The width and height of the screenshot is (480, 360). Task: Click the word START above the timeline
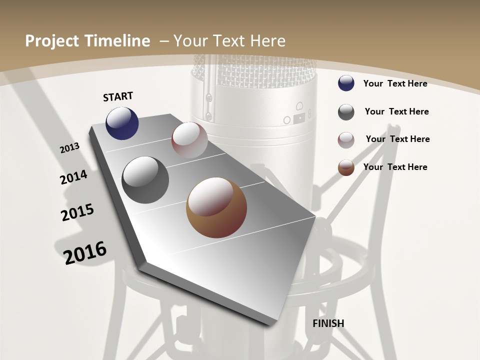[118, 96]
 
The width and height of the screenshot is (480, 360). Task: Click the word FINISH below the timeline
[328, 323]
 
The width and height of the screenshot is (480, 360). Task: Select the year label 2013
[69, 148]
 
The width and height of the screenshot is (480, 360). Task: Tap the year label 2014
[74, 177]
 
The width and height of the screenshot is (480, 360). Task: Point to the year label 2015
[77, 212]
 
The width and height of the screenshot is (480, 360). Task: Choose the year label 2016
[85, 252]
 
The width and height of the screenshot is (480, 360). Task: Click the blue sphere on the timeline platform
[122, 123]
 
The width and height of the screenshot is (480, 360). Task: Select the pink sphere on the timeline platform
[189, 139]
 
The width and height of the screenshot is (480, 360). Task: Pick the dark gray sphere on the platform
[145, 180]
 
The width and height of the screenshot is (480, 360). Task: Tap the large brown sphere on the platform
[216, 207]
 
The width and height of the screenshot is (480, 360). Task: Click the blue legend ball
[346, 83]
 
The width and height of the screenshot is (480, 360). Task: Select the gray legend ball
[346, 112]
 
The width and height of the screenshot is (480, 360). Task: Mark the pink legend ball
[346, 140]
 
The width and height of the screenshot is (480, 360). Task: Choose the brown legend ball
[346, 167]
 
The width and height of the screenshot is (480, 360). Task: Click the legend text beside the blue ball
[395, 83]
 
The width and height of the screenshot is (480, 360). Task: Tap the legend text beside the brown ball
[395, 167]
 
